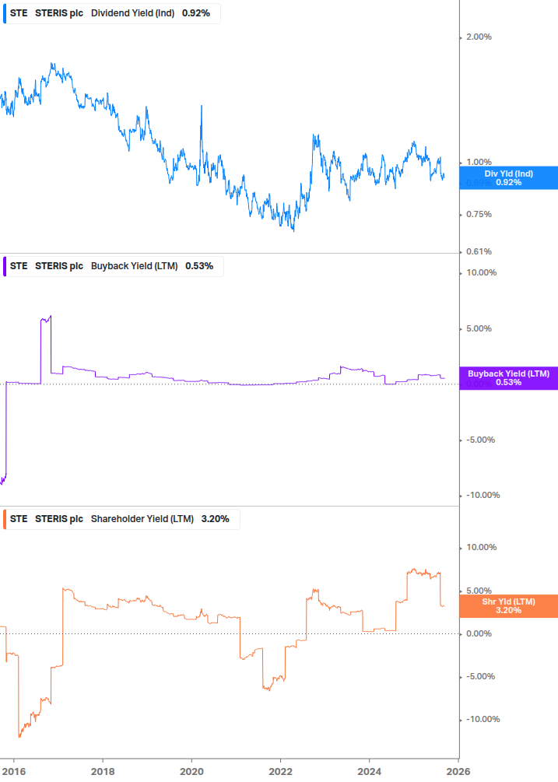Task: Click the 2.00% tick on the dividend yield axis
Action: point(479,37)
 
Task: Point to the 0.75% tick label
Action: point(479,214)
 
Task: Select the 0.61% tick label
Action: point(479,251)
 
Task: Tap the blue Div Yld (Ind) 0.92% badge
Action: point(508,177)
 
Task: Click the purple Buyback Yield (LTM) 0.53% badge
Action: point(508,378)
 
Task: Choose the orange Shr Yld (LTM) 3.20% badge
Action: point(508,606)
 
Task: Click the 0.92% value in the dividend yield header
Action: point(195,13)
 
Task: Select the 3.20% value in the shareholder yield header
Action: point(216,519)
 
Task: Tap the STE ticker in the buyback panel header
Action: point(19,266)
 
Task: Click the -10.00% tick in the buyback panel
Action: point(481,496)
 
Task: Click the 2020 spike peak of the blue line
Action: point(202,106)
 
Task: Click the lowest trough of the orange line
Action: point(19,736)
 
